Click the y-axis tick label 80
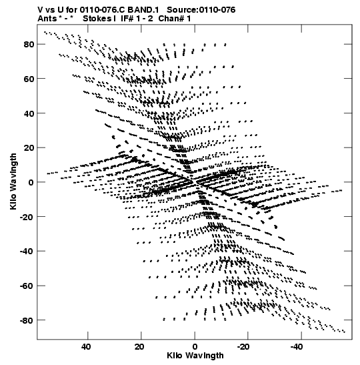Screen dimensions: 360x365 coord(29,44)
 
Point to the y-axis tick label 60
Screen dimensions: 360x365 coord(29,79)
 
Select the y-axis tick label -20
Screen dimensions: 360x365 coord(27,217)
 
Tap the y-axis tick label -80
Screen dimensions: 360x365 coord(27,320)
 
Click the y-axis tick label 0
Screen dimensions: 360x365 coord(31,183)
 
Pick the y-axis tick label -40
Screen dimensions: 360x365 coord(27,252)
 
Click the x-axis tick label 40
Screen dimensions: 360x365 coord(86,347)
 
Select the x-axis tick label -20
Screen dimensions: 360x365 coord(243,347)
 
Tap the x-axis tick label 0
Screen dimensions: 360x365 coord(195,347)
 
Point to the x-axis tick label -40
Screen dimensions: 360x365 coord(297,347)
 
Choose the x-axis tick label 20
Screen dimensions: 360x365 coord(139,347)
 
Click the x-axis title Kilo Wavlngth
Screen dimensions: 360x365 coord(195,356)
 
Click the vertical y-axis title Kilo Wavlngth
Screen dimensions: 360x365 coord(13,181)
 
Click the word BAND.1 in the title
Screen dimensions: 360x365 coord(143,10)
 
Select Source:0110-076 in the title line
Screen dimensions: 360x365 coord(201,10)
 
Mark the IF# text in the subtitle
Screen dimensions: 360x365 coord(127,19)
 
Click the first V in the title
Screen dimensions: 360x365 coord(41,10)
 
